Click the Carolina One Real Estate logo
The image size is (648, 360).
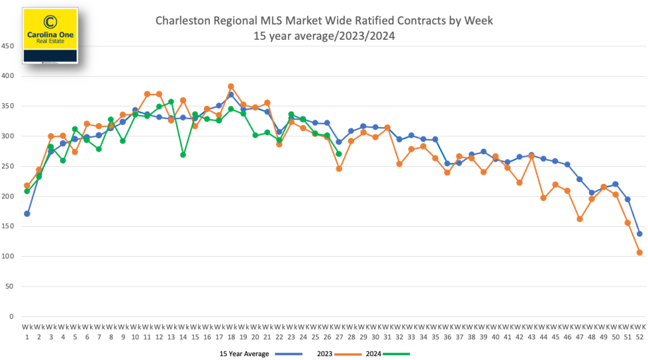tap(49, 35)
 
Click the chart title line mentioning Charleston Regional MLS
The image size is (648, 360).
tap(324, 21)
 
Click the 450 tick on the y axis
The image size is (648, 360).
tap(8, 46)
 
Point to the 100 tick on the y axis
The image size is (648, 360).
tap(8, 256)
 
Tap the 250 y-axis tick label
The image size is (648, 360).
tap(8, 166)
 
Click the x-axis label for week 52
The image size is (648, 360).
tap(640, 331)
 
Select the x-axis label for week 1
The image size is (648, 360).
tap(27, 331)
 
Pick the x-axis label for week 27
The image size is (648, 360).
tap(339, 331)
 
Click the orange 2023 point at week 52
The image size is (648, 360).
tap(640, 252)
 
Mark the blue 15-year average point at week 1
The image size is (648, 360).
tap(27, 214)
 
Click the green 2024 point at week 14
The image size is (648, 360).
tap(183, 155)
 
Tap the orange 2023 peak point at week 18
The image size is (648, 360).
tap(231, 86)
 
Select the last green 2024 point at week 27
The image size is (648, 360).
tap(339, 154)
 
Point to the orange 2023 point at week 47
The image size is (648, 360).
tap(580, 219)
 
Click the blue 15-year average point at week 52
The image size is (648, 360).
tap(640, 234)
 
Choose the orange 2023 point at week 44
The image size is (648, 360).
tap(543, 198)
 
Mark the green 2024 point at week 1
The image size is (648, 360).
tap(27, 191)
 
